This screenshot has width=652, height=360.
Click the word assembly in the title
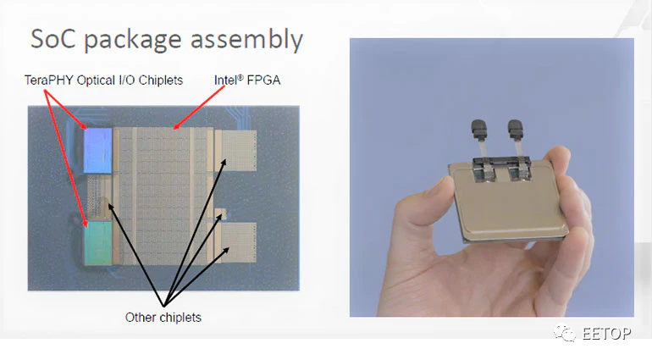point(246,41)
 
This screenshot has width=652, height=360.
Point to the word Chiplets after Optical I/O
point(161,80)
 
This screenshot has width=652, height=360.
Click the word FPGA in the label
point(263,80)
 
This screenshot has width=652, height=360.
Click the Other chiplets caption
point(163,317)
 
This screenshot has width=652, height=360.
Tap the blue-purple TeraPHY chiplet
point(98,150)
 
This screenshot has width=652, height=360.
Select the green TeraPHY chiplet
point(98,243)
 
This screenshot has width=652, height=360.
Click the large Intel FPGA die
point(163,197)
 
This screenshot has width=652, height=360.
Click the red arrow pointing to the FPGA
point(198,108)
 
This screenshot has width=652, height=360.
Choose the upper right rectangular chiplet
point(238,151)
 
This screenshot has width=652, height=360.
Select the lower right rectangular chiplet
point(238,243)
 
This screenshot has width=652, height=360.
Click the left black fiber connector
point(478,130)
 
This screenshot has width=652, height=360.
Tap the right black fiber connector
point(515,130)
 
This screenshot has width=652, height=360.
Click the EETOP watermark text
point(606,334)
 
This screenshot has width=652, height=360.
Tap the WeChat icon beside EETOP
point(565,333)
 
